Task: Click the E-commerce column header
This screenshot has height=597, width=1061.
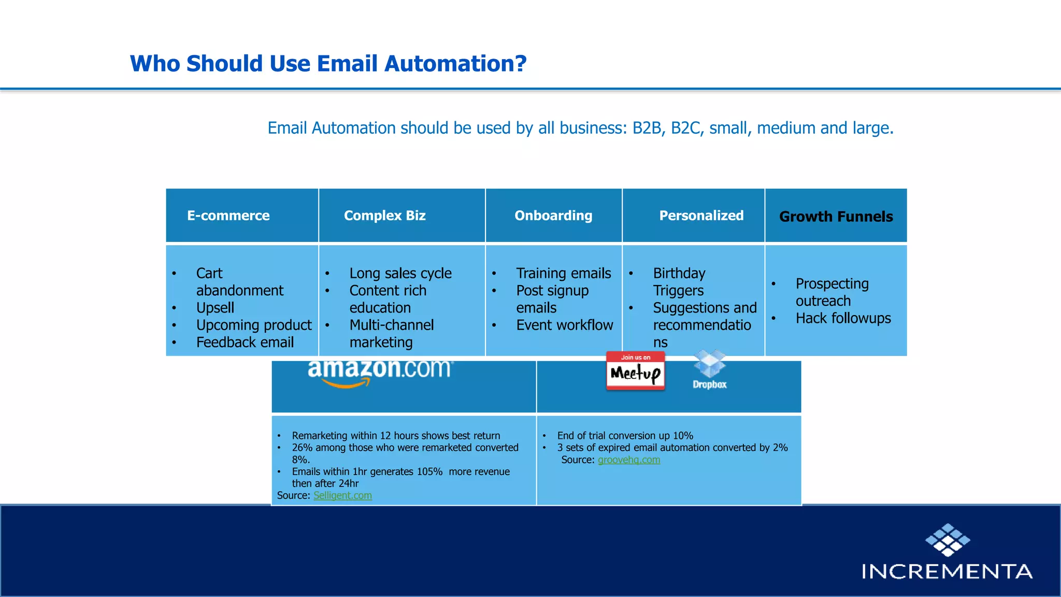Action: coord(228,216)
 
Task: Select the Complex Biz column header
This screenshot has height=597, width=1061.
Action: coord(384,216)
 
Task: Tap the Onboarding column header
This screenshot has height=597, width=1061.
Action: coord(553,216)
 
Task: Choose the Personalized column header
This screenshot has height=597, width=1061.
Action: coord(701,216)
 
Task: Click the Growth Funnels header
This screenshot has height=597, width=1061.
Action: coord(836,217)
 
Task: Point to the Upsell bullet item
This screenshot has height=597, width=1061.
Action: coord(215,308)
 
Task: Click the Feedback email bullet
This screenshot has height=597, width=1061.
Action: coord(245,343)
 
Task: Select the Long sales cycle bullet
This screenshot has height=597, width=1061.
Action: coord(400,273)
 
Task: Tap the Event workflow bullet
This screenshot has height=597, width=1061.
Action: coord(564,325)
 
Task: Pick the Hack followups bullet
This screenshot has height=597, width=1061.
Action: coord(843,318)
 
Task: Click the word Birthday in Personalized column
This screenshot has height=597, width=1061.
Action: coord(679,273)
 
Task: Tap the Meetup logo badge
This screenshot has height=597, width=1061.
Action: coord(635,371)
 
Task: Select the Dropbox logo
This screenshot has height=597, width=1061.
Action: coord(709,369)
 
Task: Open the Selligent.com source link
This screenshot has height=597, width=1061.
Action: coord(342,495)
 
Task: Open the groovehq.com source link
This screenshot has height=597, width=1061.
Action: coord(628,460)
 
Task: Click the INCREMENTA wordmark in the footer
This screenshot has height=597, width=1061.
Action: coord(947,572)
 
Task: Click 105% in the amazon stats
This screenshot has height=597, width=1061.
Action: coord(429,472)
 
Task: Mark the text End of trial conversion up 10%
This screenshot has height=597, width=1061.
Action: coord(625,436)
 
